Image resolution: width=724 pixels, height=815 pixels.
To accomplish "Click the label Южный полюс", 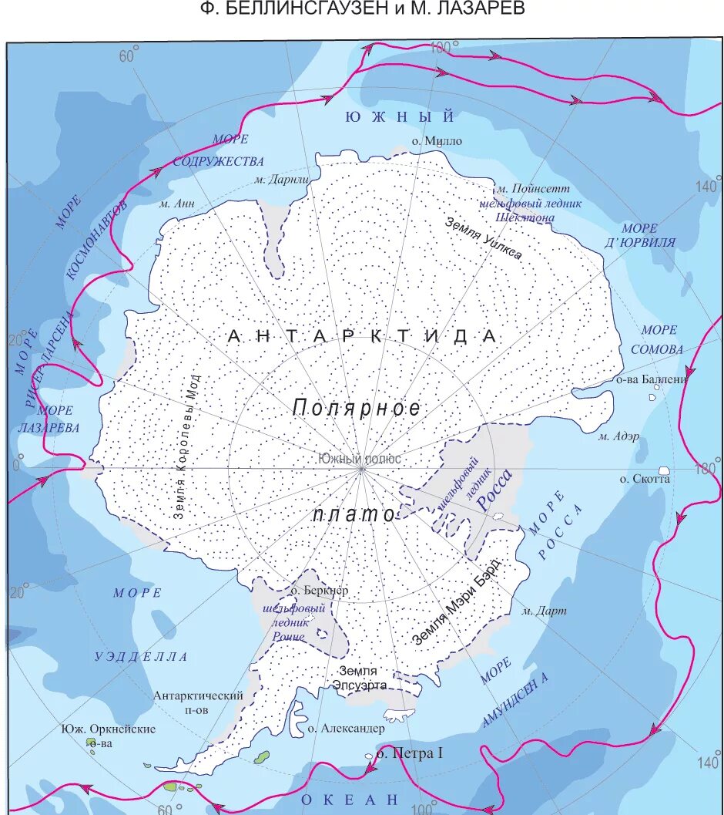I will coord(359,458).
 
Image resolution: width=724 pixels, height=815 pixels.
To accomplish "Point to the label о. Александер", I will coord(346,727).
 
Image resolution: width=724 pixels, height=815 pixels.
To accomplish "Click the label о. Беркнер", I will coord(320,591).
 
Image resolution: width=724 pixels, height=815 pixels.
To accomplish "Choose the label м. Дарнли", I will coord(281,180).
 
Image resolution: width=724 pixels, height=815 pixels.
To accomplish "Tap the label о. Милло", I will coord(436,140).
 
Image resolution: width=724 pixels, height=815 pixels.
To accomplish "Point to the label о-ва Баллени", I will coord(651,379).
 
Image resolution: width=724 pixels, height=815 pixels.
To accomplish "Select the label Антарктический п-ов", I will coord(198,702).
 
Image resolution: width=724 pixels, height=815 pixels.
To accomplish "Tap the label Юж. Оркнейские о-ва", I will coord(110,736).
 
